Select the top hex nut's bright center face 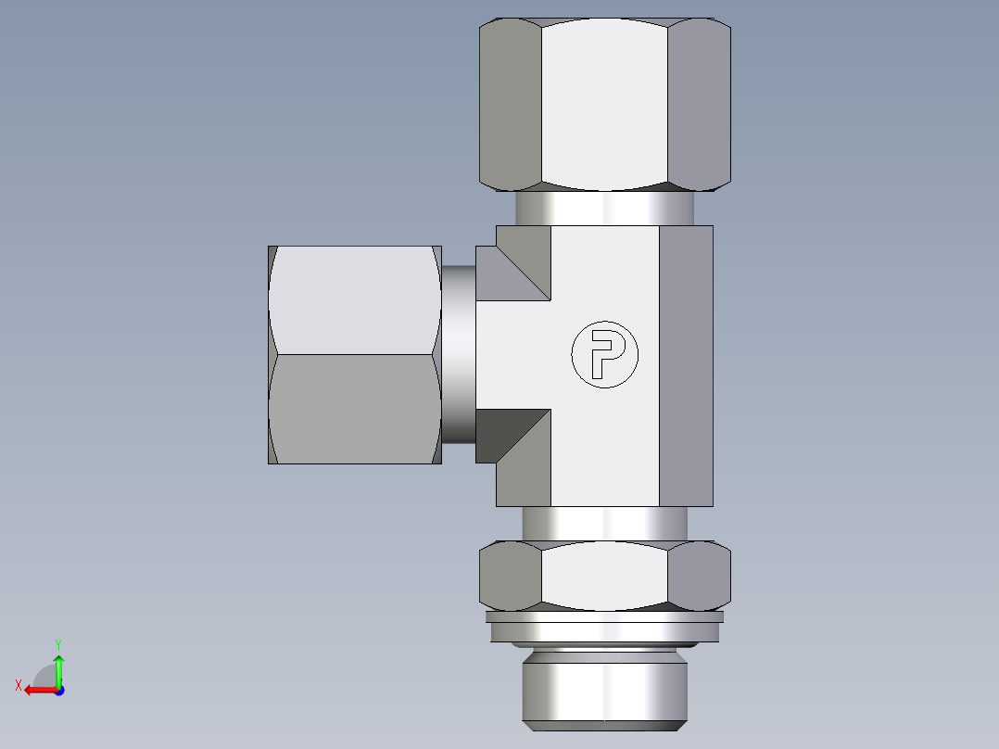604,102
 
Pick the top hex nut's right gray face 699,102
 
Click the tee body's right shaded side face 686,366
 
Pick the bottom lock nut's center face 604,575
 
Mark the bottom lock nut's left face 511,575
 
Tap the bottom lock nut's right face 699,575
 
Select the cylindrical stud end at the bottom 604,686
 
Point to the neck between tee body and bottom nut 604,524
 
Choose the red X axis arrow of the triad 35,690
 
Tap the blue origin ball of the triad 58,691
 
